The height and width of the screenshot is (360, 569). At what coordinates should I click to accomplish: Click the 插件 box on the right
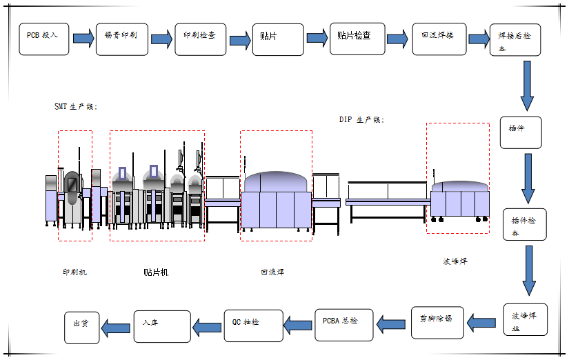point(521,132)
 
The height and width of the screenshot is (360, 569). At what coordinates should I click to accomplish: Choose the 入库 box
point(161,326)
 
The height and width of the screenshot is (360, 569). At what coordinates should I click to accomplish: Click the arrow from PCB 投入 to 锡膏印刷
point(83,38)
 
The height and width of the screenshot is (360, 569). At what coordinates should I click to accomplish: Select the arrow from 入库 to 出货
point(116,325)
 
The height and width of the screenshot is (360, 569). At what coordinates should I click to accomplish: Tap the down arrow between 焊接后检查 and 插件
point(528,86)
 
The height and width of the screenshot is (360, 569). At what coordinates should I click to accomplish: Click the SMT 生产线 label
point(76,107)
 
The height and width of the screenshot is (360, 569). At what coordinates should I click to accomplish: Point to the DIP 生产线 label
point(361,119)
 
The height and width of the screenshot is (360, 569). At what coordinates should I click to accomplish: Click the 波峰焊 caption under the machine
point(455,261)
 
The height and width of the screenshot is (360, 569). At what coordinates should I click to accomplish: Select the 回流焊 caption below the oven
point(272,272)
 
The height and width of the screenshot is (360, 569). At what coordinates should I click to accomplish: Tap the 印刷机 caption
point(74,272)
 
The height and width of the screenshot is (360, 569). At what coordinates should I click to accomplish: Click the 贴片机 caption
point(156,272)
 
